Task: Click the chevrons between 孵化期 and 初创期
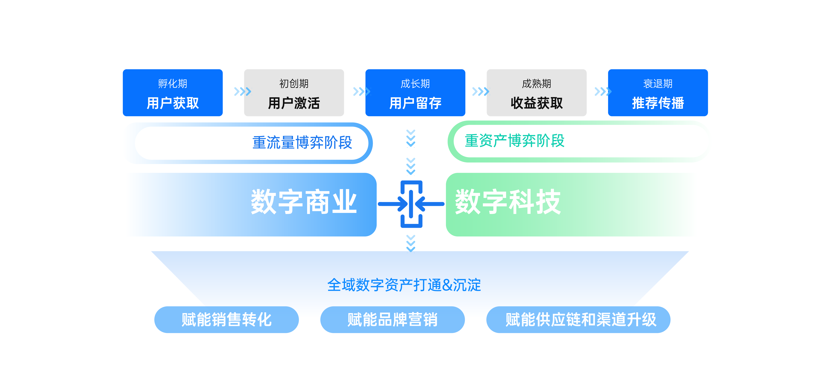(x=243, y=91)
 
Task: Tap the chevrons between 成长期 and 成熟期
(x=480, y=91)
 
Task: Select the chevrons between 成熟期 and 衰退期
(x=602, y=91)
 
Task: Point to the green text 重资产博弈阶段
(x=514, y=141)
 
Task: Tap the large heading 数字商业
(x=304, y=202)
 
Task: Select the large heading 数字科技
(x=508, y=202)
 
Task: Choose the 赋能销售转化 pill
(x=226, y=320)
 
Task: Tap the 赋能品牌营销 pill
(x=392, y=320)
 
